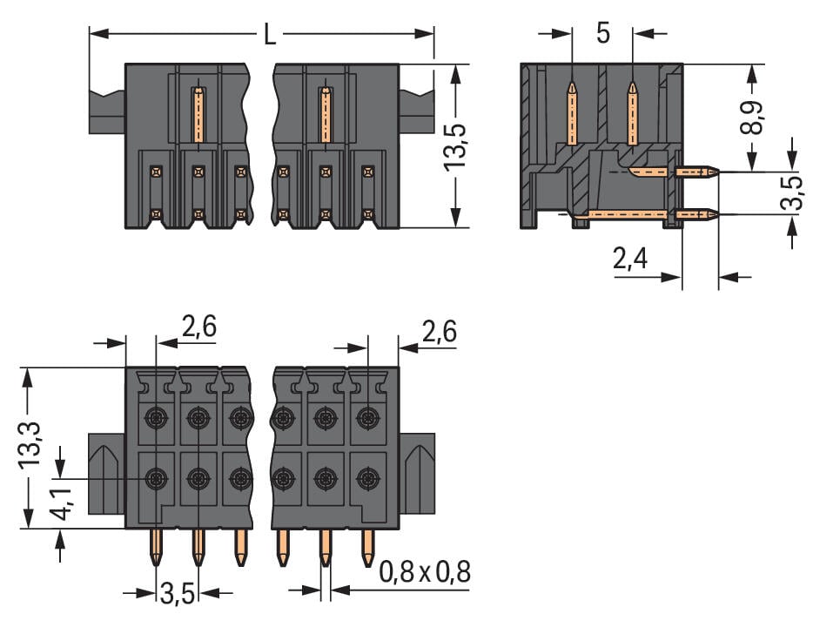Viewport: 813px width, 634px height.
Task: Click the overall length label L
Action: click(270, 35)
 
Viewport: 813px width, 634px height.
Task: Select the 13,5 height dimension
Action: click(455, 145)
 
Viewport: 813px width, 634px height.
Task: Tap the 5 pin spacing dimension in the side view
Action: click(602, 34)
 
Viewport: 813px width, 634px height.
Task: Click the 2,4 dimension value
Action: click(633, 259)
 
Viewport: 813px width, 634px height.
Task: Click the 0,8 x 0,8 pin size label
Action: click(425, 572)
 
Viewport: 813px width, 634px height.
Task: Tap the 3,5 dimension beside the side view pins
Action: click(790, 193)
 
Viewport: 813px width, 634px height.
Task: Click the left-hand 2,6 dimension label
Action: click(198, 327)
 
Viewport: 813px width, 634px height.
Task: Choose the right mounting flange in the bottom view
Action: click(417, 474)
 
